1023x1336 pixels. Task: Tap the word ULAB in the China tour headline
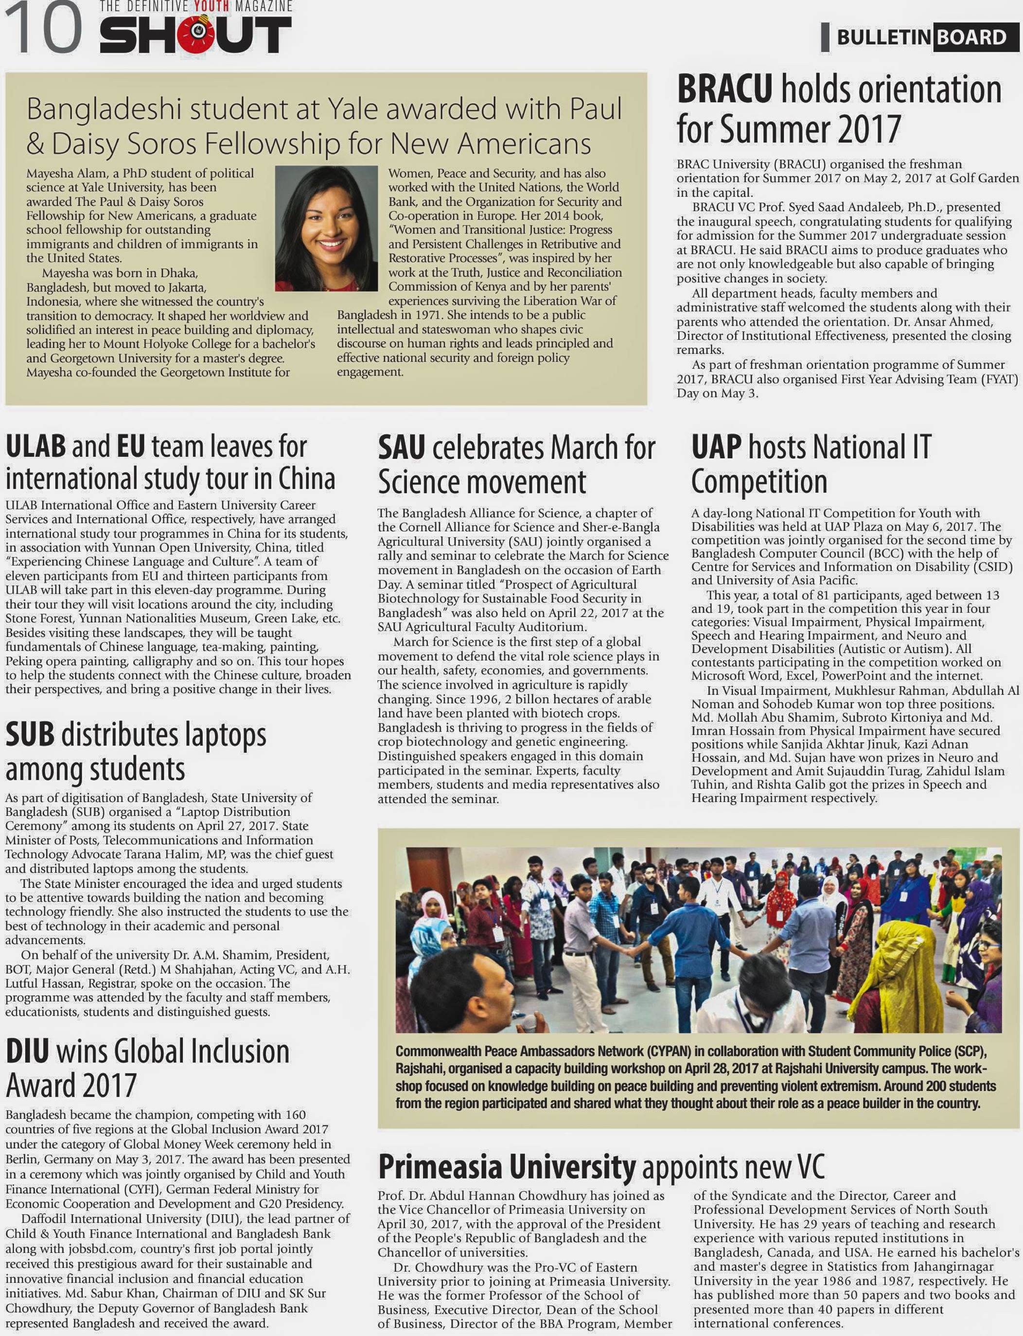[35, 446]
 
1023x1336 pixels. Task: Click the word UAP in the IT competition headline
[716, 447]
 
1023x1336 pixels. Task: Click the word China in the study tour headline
[306, 479]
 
